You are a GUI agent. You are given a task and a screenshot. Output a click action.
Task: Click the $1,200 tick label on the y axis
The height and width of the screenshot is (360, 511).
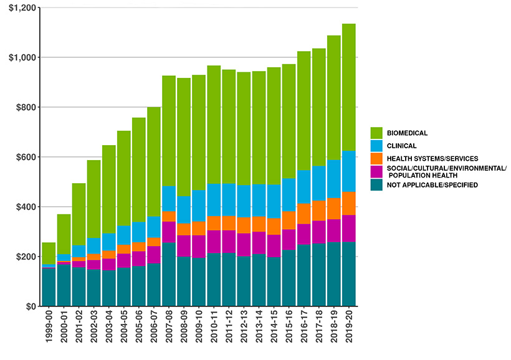[x=21, y=7]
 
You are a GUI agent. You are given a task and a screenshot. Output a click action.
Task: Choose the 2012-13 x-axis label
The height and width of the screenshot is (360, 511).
[x=244, y=329]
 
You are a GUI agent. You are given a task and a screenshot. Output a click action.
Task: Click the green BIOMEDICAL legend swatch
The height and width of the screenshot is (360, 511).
[x=376, y=133]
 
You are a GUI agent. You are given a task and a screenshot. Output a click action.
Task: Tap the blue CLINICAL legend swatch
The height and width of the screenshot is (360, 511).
[x=376, y=146]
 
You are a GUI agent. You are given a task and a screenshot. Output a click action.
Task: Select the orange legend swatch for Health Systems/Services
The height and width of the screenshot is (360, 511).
[x=376, y=158]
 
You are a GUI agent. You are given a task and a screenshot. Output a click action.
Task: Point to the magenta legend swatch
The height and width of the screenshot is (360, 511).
[x=376, y=171]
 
